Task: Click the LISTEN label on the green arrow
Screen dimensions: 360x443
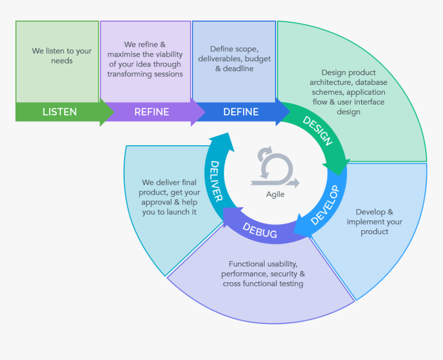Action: click(x=59, y=112)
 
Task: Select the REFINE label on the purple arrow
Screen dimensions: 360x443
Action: click(x=151, y=112)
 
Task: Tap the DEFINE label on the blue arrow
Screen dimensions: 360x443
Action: click(x=241, y=112)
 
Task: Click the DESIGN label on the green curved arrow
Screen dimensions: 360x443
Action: click(x=317, y=131)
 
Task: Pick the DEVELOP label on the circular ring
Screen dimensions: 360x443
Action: click(x=326, y=205)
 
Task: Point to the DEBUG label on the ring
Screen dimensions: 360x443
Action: click(x=260, y=230)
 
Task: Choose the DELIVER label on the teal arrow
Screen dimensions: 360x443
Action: click(x=216, y=181)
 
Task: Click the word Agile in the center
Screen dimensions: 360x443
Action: click(x=275, y=194)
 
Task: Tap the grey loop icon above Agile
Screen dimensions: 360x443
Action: click(x=275, y=167)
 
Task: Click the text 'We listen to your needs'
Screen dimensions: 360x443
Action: click(x=62, y=56)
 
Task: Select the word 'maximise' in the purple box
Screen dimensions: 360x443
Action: click(x=124, y=55)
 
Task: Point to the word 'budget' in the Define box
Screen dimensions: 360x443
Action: click(x=258, y=59)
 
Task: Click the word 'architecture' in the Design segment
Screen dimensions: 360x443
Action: click(x=331, y=82)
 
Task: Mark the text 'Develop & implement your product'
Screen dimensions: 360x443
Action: click(x=374, y=221)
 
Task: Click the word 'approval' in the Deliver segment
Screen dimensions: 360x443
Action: click(x=158, y=202)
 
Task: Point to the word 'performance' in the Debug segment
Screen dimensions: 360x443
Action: click(x=244, y=274)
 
